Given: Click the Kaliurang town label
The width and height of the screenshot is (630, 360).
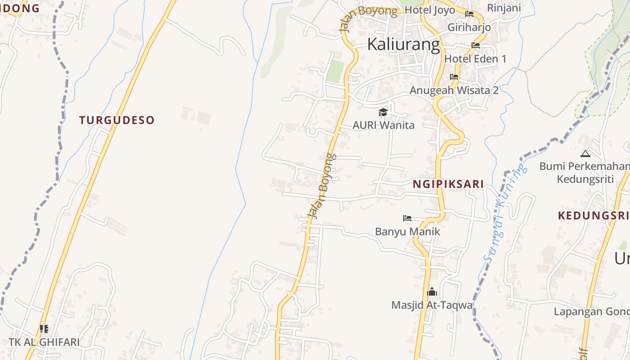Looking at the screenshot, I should tap(404, 45).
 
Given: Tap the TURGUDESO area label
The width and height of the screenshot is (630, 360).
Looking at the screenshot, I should tap(117, 120).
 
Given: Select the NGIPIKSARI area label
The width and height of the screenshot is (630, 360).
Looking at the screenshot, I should tap(448, 184).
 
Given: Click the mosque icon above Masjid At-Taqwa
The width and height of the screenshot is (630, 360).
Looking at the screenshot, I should tap(432, 292).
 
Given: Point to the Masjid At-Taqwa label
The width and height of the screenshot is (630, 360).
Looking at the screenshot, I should tap(432, 305).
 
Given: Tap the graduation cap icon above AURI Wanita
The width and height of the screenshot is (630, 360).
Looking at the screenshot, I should tap(383, 112).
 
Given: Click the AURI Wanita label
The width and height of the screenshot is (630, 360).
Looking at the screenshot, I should tap(383, 125).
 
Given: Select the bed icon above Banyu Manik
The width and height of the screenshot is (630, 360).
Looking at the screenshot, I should tap(407, 218).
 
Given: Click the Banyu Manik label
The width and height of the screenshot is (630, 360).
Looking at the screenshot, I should tap(407, 232).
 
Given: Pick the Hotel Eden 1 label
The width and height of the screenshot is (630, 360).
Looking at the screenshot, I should tap(475, 58).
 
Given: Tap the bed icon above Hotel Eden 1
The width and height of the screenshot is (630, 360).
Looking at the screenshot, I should tap(475, 45).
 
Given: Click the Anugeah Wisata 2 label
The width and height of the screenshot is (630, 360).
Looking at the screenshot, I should tap(454, 90).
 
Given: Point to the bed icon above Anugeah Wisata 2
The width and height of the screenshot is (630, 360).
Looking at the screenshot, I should tap(454, 77).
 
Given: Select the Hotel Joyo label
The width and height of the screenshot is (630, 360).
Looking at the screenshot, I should tap(430, 10).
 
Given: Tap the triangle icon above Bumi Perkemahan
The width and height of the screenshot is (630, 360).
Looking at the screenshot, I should tap(585, 153).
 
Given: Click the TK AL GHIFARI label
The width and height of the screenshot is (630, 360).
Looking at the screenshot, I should tap(44, 342).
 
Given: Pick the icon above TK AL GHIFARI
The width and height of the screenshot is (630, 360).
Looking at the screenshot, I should tap(44, 329).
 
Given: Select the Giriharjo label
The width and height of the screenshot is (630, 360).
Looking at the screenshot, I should tap(469, 27).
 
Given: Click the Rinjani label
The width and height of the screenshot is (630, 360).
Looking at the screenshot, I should tap(504, 8).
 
